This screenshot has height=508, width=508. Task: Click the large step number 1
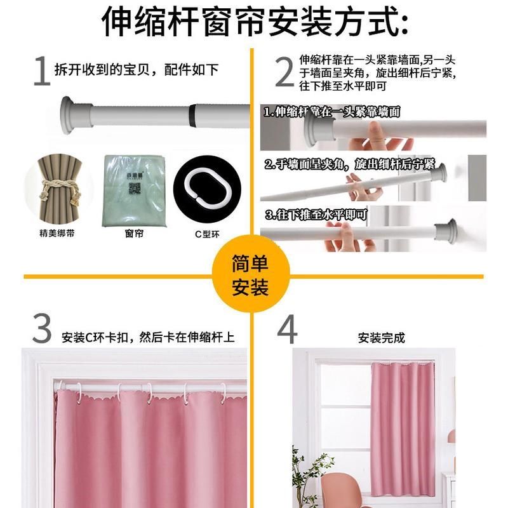(41, 71)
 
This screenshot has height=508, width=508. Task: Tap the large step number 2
(284, 70)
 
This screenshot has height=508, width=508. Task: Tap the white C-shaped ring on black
(197, 184)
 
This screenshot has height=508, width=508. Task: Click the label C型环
(206, 234)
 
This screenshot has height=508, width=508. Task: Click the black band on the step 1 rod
(192, 115)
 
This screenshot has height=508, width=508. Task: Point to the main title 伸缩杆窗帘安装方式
(254, 23)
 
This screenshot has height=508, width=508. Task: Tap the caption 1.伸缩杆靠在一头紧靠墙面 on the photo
(331, 112)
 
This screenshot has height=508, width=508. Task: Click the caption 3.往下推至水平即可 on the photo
(316, 215)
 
